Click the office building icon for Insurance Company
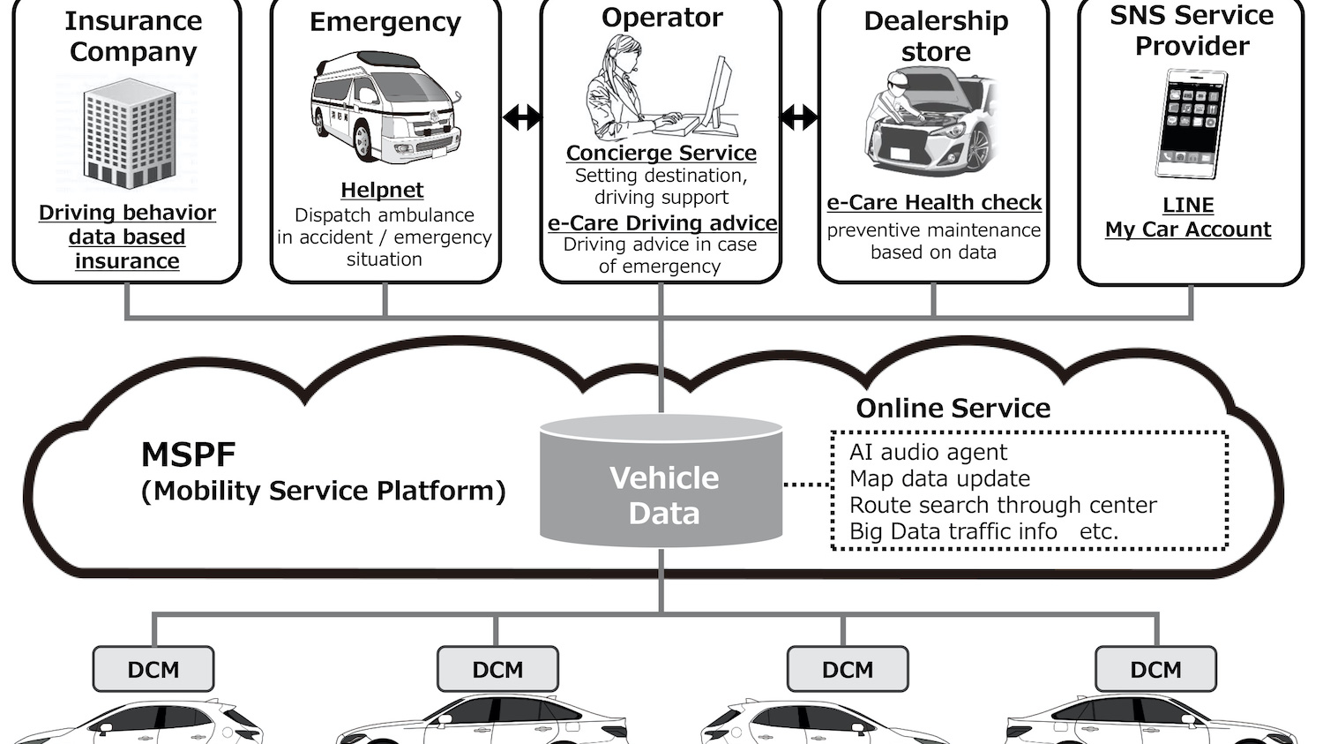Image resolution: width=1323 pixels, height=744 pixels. (129, 133)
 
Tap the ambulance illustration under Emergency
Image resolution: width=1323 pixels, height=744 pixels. (384, 107)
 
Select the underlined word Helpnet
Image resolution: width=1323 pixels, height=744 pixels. (382, 190)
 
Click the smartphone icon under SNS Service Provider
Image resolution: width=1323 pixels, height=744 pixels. (1191, 124)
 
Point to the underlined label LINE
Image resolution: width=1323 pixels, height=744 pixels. (1188, 205)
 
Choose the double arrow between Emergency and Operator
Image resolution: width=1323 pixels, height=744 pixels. (521, 116)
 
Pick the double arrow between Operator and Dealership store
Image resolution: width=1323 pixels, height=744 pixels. (799, 116)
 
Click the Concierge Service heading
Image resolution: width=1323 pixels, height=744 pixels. (661, 153)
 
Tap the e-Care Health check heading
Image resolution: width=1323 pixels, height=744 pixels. (934, 202)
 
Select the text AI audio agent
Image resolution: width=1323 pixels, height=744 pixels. (928, 453)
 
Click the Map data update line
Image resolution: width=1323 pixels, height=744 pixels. (939, 479)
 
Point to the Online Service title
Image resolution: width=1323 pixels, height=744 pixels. (953, 408)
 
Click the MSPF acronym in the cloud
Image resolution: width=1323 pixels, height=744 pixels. (188, 455)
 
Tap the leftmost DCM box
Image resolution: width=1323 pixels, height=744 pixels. (153, 669)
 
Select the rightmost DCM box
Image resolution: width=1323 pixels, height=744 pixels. (1155, 669)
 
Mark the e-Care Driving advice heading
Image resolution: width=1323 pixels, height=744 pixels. (661, 223)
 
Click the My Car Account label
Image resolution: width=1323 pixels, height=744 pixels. (1188, 229)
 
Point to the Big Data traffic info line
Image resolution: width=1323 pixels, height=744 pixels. (953, 531)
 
